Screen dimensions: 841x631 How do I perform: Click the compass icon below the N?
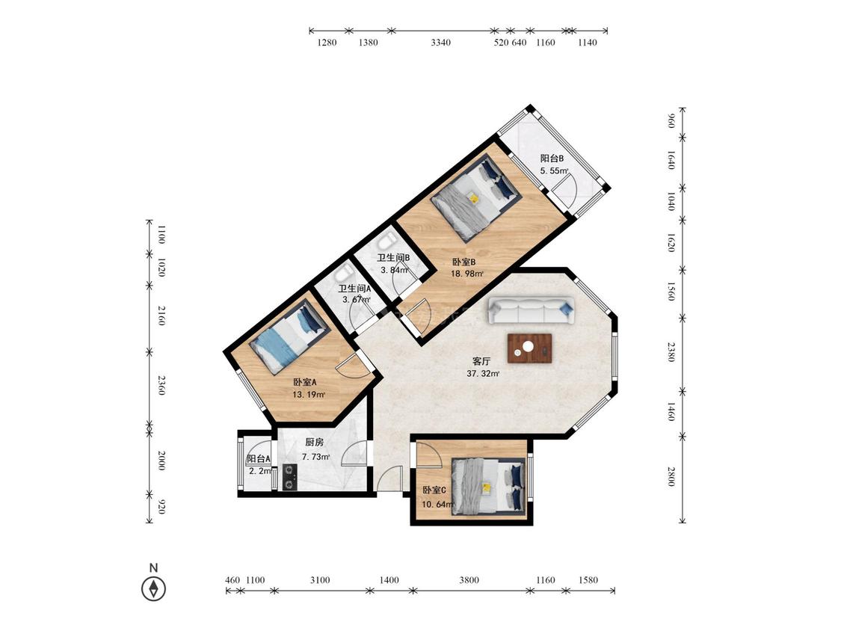click(x=153, y=588)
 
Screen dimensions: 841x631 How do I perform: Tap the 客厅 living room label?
click(x=481, y=361)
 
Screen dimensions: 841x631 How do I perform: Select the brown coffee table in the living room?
click(x=530, y=348)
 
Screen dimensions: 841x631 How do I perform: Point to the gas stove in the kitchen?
click(x=289, y=477)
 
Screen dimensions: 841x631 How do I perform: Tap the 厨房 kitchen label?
click(x=314, y=443)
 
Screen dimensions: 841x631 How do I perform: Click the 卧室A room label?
click(x=305, y=383)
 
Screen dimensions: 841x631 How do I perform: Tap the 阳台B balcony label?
click(x=552, y=158)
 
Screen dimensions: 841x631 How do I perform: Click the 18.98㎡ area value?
click(x=466, y=274)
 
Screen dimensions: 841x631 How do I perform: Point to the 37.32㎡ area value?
click(x=483, y=374)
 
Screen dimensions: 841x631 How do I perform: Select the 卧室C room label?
click(x=434, y=490)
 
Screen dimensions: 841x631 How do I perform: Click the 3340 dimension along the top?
click(x=441, y=43)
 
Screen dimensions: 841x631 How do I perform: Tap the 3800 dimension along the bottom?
click(x=469, y=580)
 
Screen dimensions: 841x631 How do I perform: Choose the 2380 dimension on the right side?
click(x=671, y=352)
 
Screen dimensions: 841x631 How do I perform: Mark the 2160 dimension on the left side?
click(x=161, y=315)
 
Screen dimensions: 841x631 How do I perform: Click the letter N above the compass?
click(x=153, y=567)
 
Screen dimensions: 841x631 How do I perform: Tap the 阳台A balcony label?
click(x=259, y=459)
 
